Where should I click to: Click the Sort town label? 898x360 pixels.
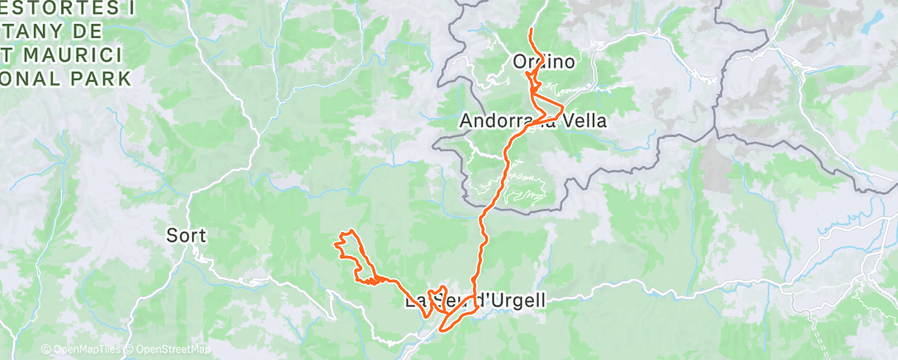(x=186, y=235)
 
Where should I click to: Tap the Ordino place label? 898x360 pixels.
(x=543, y=61)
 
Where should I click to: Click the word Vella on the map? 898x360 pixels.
(x=585, y=121)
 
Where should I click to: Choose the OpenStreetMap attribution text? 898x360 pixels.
(x=168, y=349)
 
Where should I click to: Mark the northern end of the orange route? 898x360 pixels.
(x=530, y=30)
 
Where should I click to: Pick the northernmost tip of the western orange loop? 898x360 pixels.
(x=352, y=230)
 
